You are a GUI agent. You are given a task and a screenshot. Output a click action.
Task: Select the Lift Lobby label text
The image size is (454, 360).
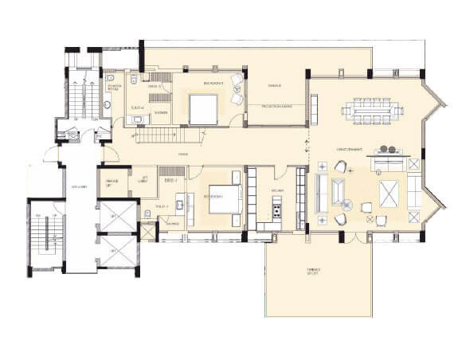pyautogui.click(x=77, y=186)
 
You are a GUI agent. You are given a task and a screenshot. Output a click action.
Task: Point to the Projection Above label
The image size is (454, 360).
pyautogui.click(x=277, y=106)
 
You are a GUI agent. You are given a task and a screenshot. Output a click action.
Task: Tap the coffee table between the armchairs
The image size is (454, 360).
pyautogui.click(x=339, y=192)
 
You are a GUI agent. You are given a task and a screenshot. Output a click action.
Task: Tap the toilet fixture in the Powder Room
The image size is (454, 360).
pyautogui.click(x=108, y=104)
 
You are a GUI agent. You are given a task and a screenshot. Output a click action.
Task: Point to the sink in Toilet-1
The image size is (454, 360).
pyautogui.click(x=180, y=206)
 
